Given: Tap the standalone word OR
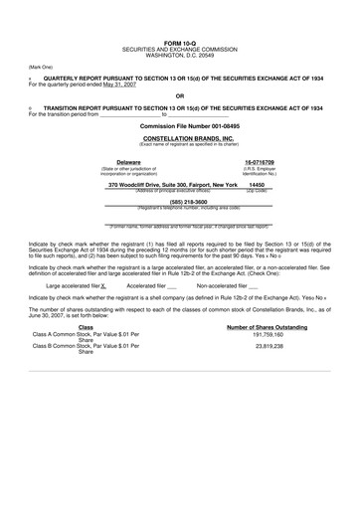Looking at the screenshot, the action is point(180,95).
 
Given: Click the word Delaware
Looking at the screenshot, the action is point(128,161).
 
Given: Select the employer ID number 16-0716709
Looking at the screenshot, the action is point(260,161).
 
